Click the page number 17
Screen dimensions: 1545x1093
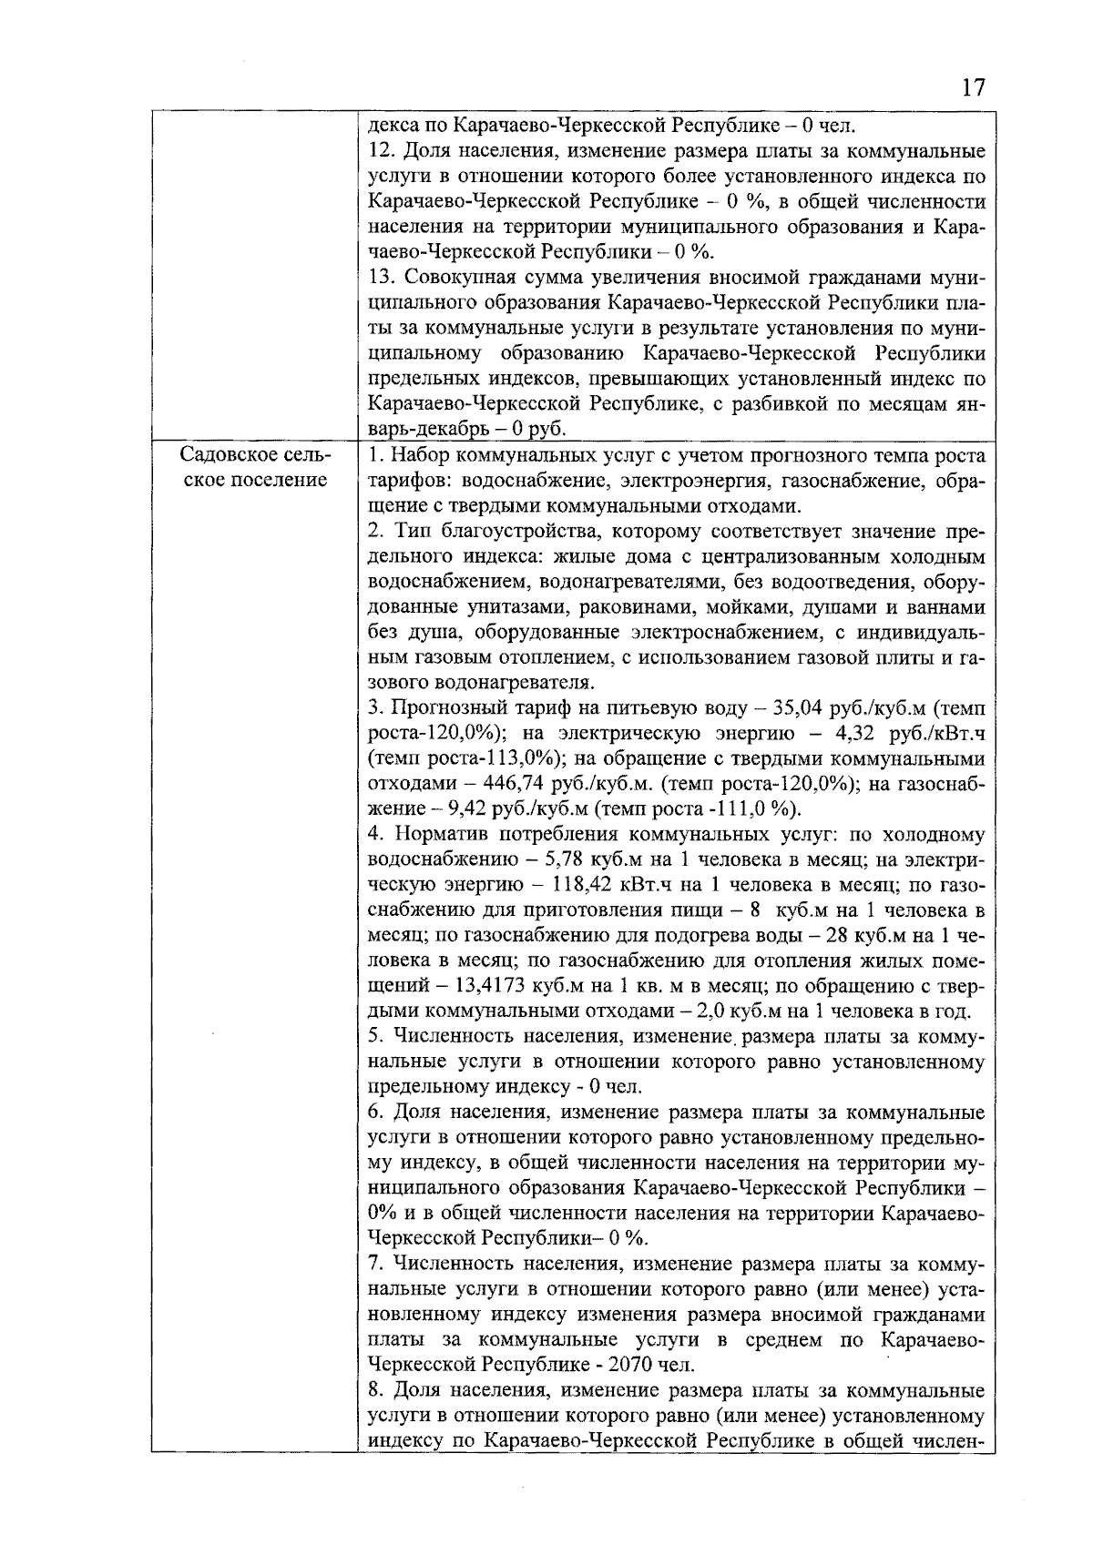point(972,88)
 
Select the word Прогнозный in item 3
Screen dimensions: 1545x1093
point(444,707)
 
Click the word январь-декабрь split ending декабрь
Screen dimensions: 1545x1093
point(414,429)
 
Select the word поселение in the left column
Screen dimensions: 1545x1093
point(256,480)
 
